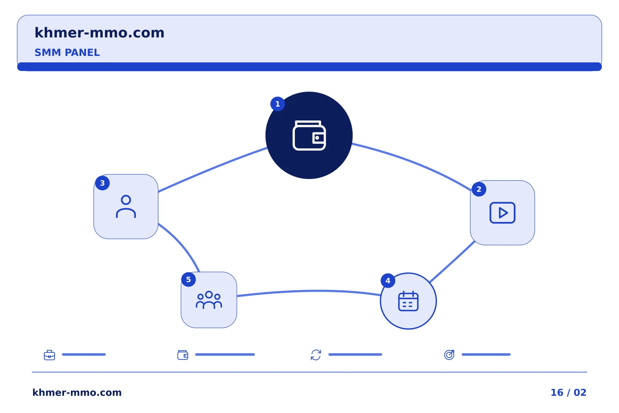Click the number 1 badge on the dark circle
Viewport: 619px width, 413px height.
point(277,104)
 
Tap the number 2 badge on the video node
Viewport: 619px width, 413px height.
point(479,189)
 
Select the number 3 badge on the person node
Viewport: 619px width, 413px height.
point(102,183)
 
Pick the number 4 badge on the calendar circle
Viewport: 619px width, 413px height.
point(388,281)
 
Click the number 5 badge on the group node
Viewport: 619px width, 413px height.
point(188,280)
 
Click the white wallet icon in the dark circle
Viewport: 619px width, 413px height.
point(309,135)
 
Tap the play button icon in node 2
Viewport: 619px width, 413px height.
point(503,213)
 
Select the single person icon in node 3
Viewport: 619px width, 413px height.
point(126,206)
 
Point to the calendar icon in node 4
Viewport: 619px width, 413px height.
point(408,301)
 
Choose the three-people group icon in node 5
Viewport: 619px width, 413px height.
point(209,300)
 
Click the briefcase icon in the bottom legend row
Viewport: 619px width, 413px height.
point(49,355)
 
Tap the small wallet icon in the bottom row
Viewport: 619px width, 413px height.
point(183,355)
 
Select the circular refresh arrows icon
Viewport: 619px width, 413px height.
point(316,355)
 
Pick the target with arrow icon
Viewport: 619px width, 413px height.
point(449,354)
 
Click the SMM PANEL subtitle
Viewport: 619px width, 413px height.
point(67,52)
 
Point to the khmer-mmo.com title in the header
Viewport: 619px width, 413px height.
point(99,33)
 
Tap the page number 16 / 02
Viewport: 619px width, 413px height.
point(568,392)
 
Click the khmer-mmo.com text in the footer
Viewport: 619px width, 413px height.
point(77,392)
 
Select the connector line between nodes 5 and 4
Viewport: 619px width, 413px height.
point(309,291)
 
